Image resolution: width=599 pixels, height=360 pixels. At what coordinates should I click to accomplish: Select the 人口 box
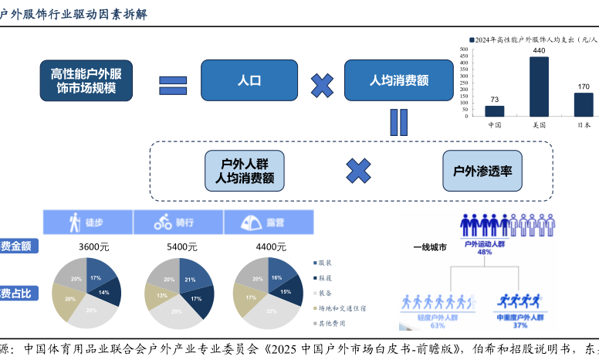pyautogui.click(x=249, y=80)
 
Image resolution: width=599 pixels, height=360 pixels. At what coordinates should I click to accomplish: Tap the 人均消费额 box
pyautogui.click(x=398, y=80)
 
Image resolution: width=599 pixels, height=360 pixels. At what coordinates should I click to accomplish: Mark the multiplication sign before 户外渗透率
pyautogui.click(x=358, y=171)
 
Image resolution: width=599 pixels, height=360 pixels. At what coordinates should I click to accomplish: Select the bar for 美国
pyautogui.click(x=539, y=86)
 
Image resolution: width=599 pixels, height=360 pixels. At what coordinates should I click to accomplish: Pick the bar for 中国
pyautogui.click(x=495, y=110)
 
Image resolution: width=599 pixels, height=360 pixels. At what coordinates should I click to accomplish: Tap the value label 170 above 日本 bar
pyautogui.click(x=584, y=87)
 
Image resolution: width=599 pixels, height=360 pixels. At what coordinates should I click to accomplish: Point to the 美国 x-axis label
pyautogui.click(x=539, y=124)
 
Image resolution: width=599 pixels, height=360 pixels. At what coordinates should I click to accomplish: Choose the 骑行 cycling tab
pyautogui.click(x=176, y=222)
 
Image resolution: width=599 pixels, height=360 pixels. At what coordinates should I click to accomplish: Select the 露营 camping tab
pyautogui.click(x=266, y=222)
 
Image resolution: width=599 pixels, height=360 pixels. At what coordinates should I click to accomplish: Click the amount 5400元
pyautogui.click(x=182, y=247)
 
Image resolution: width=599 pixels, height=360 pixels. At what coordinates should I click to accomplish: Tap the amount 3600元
pyautogui.click(x=93, y=247)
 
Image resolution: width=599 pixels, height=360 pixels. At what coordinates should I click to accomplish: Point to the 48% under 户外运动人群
pyautogui.click(x=485, y=252)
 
